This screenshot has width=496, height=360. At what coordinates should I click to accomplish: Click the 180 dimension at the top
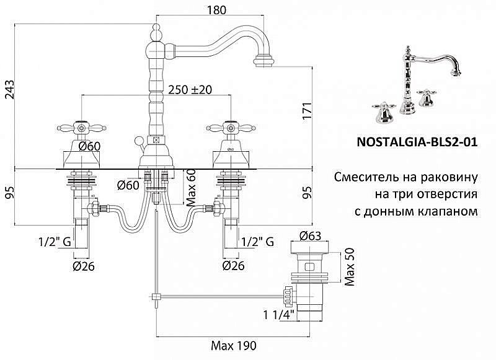point(215,9)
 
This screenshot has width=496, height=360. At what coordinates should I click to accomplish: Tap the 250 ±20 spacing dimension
point(190,89)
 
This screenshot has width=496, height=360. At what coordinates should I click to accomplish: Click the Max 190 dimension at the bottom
point(236,345)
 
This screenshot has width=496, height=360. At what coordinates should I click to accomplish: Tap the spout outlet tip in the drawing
point(265,61)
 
